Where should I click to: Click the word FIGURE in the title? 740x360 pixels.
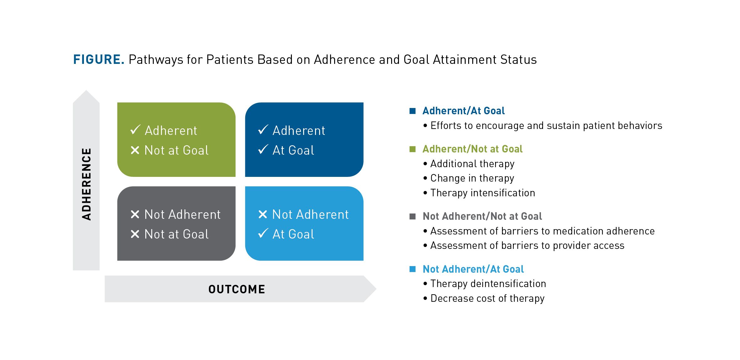pos(99,59)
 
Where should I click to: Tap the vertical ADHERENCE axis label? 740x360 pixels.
pos(86,184)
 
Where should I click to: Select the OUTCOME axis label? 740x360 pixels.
pos(237,289)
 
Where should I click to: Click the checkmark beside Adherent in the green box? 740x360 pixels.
pos(135,130)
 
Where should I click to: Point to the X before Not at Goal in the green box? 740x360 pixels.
pos(135,151)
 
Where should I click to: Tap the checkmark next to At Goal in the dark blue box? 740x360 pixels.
pos(263,150)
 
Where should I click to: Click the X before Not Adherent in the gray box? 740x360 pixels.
pos(135,214)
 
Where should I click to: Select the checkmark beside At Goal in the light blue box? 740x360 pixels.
pos(263,234)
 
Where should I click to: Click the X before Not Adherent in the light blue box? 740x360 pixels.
pos(263,214)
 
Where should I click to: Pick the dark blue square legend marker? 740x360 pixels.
pos(412,111)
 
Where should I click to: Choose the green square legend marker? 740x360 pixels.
pos(412,149)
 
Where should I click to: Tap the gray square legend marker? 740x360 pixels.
pos(412,216)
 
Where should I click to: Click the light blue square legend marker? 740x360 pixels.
pos(412,269)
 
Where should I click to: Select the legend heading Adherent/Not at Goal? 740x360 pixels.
pos(472,149)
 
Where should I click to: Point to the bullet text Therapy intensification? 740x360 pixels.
pos(483,193)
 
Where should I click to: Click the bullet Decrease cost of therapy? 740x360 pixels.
pos(487,298)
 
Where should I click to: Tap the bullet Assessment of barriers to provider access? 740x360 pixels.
pos(527,245)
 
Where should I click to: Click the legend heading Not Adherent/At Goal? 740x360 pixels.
pos(473,269)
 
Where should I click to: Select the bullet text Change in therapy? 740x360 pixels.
pos(472,178)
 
